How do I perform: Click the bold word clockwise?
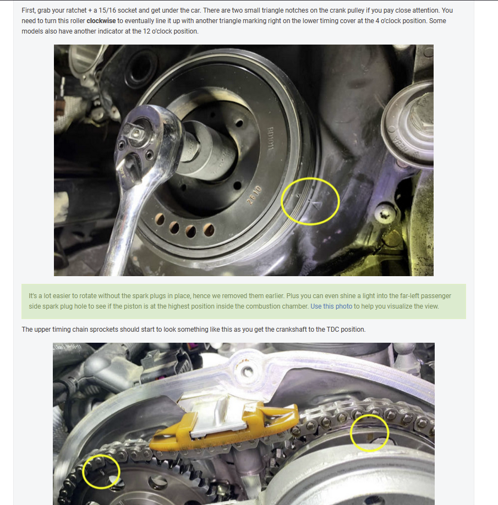(101, 21)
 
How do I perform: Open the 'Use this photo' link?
(331, 306)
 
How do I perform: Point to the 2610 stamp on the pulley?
(254, 195)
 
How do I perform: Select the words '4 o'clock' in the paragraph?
(388, 21)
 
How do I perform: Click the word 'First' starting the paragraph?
(28, 10)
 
